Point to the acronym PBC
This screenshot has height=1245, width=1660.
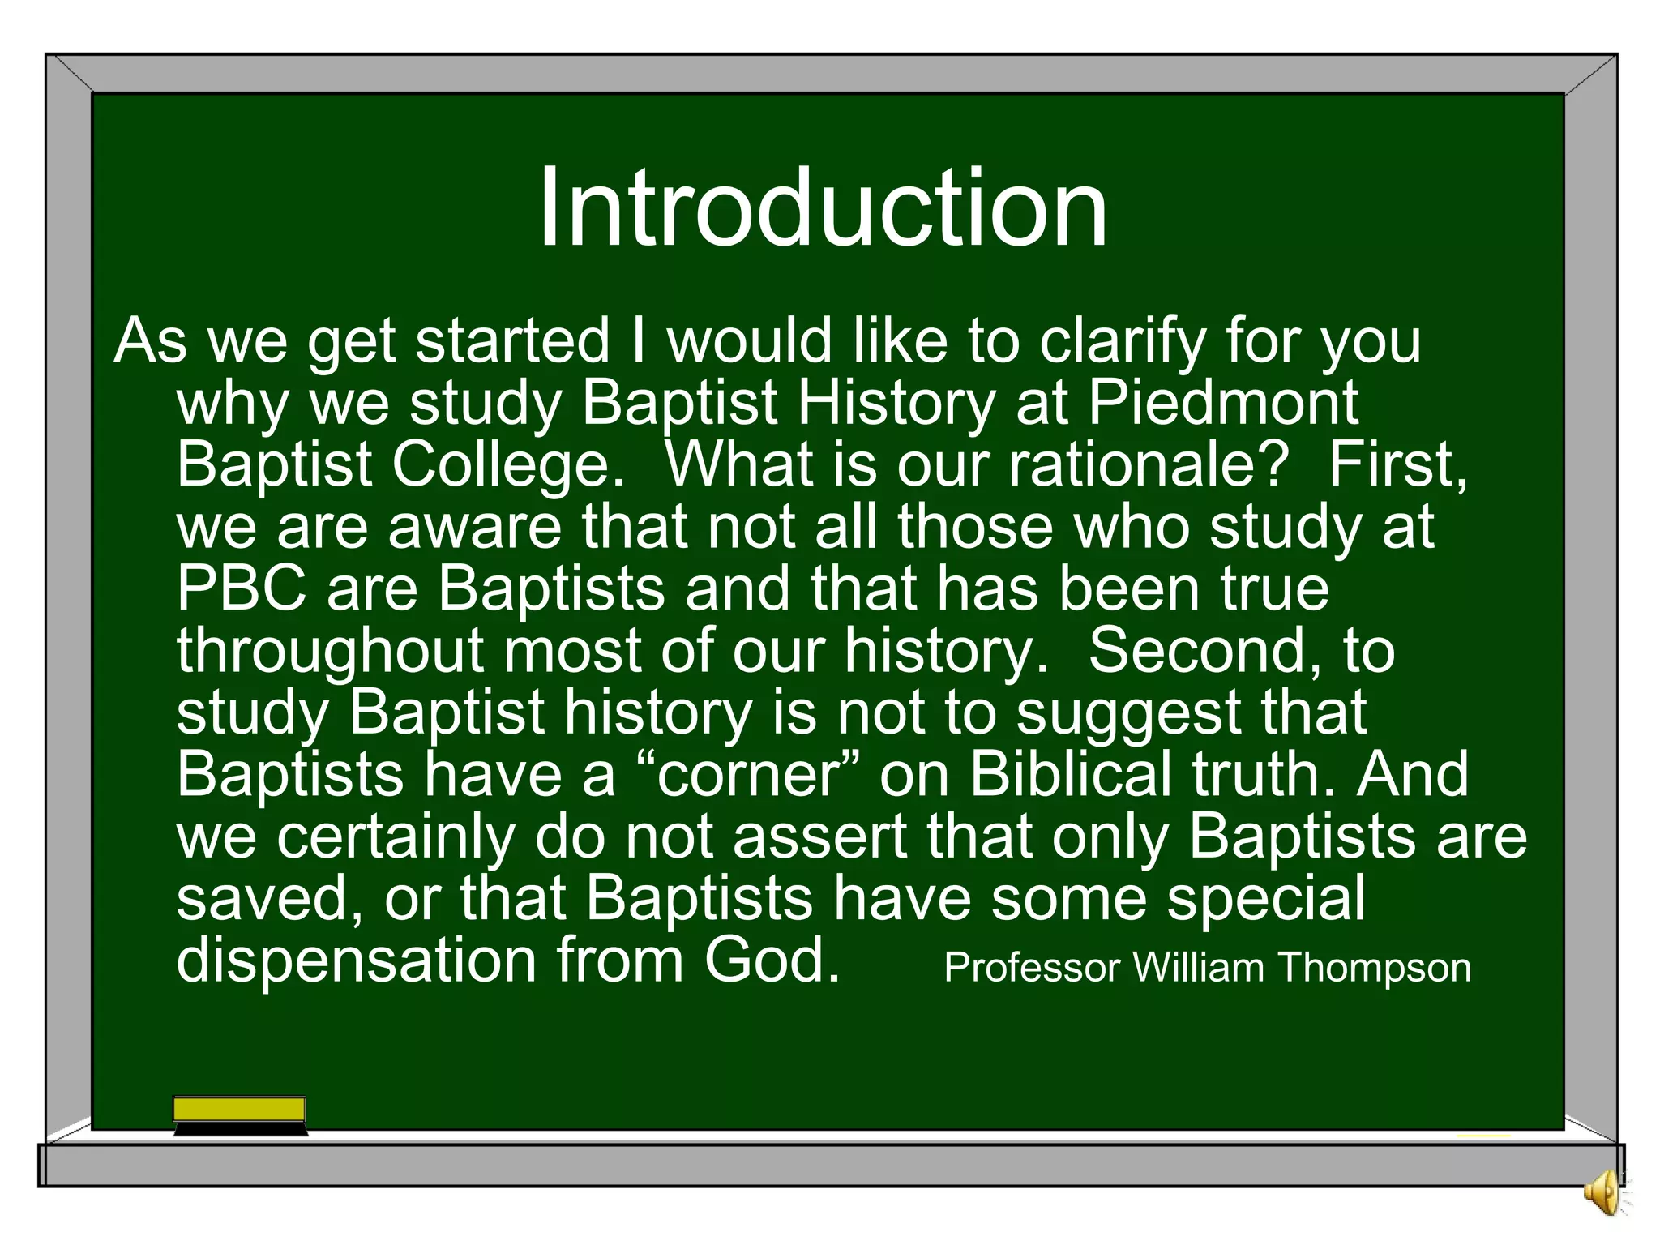242,588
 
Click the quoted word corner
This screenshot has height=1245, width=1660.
750,775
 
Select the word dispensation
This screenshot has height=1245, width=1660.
357,961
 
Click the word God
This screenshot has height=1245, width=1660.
770,961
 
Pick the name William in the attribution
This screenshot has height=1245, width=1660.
1198,968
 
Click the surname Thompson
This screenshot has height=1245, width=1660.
1375,968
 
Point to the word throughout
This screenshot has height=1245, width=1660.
330,651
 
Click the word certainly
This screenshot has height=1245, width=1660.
395,837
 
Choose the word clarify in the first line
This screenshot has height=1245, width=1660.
1123,341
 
